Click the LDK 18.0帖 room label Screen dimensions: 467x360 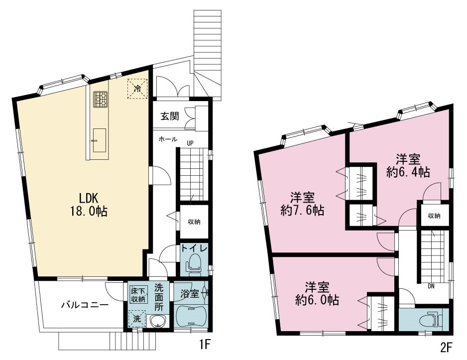point(89,204)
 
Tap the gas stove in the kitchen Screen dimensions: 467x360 point(101,99)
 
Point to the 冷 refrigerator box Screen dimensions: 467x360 point(137,88)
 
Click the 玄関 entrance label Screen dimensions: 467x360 point(170,116)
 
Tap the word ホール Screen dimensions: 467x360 point(168,139)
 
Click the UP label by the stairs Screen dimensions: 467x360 point(190,143)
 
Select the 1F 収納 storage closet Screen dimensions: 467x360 point(194,222)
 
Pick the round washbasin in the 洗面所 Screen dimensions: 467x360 point(157,321)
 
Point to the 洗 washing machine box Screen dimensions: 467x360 point(137,319)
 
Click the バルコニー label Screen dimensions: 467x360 point(85,305)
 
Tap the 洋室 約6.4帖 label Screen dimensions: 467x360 point(408,166)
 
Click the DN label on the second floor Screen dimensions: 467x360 point(431,286)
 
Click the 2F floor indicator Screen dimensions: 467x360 point(446,348)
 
